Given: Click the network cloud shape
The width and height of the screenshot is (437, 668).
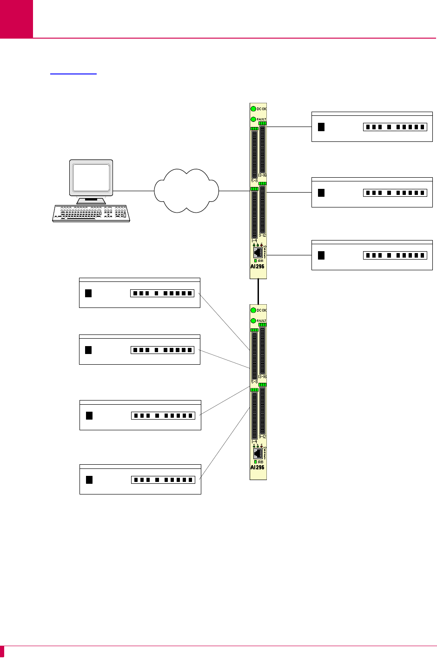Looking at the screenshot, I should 186,191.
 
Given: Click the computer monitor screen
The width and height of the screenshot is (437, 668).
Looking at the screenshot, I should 91,178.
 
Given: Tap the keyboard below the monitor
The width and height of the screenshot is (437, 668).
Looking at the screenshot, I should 91,213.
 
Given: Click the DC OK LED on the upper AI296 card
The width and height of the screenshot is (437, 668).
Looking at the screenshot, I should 253,109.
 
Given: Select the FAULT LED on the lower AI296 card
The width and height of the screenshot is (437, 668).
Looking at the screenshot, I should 253,321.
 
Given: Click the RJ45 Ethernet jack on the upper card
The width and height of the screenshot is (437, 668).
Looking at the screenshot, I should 258,252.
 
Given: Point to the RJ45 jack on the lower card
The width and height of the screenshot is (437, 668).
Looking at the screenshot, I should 258,453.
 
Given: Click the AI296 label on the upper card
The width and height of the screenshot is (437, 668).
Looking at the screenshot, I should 257,267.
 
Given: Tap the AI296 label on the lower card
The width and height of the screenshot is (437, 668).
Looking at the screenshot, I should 257,467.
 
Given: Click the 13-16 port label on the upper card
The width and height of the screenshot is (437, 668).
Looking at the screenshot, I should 262,175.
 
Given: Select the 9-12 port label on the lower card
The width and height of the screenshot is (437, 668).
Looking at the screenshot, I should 262,436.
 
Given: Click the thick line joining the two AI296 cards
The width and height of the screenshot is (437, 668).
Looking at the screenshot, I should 258,291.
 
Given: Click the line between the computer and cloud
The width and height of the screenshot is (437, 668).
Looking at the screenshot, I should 134,191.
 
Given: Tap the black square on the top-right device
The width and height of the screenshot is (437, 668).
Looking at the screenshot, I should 321,127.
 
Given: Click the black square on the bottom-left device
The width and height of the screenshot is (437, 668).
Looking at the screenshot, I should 89,480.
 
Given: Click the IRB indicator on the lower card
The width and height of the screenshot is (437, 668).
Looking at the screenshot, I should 256,462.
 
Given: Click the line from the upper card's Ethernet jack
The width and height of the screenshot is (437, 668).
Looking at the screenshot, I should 288,255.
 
